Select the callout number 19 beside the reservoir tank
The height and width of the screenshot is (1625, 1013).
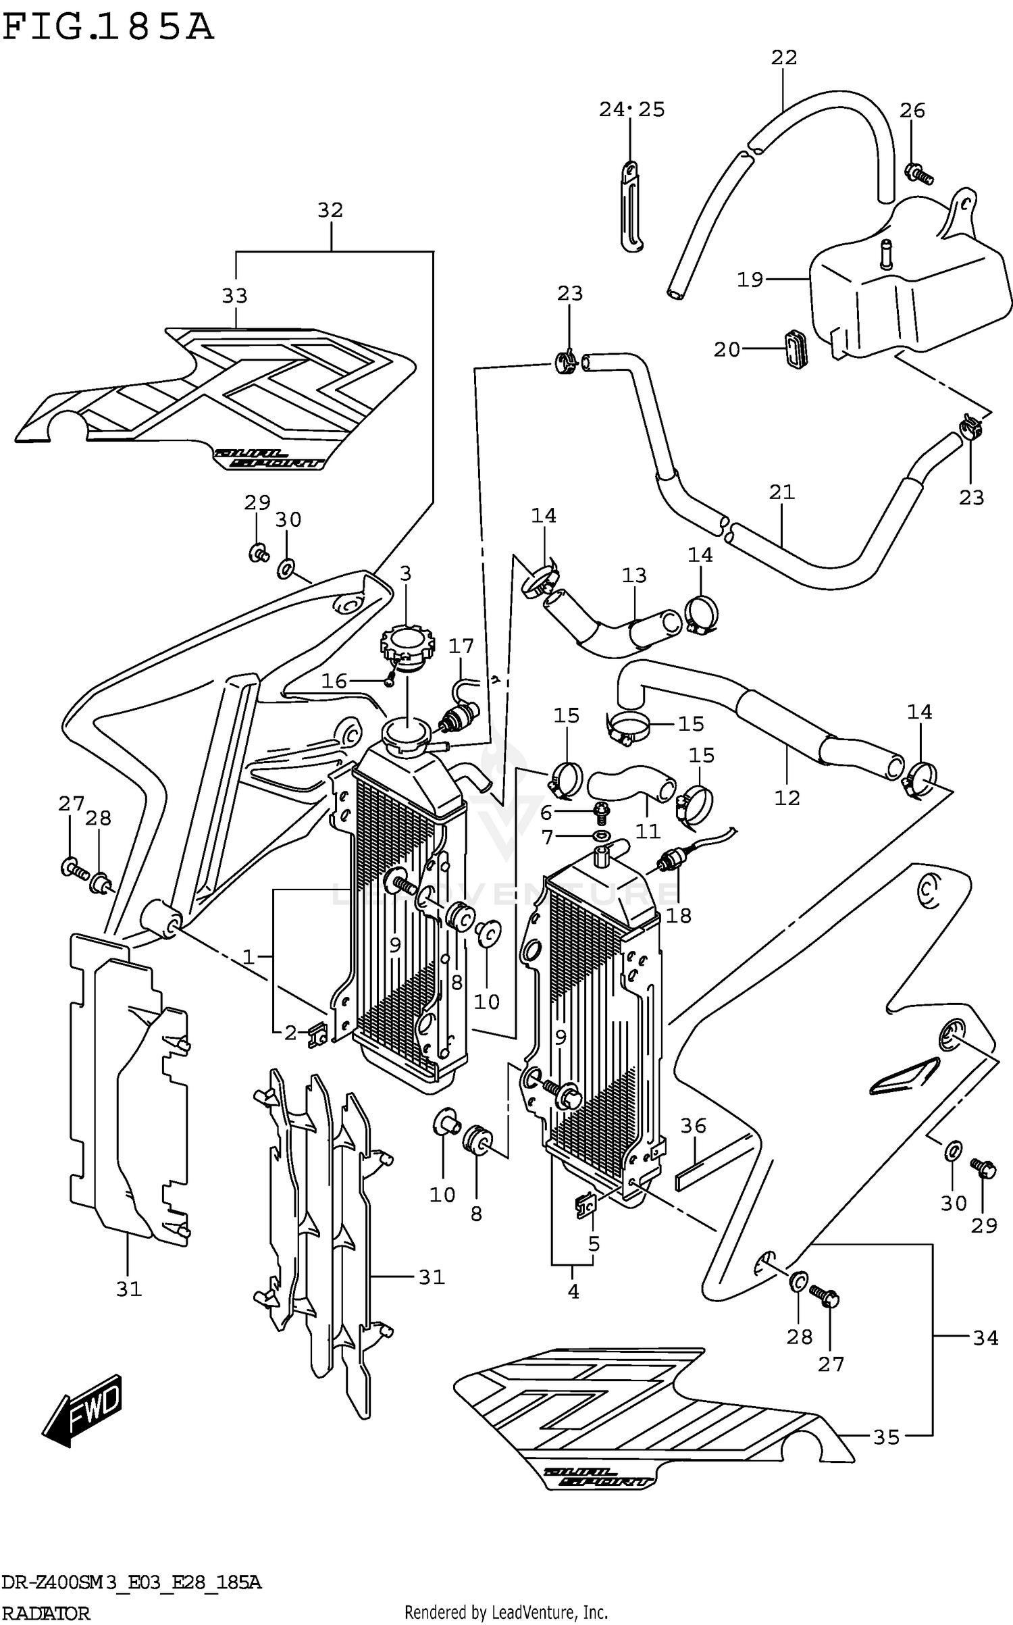[x=750, y=279]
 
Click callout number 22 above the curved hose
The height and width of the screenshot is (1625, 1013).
[x=784, y=58]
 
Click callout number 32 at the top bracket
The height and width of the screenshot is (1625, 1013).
[x=330, y=211]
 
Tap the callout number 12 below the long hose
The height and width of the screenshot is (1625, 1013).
[x=787, y=798]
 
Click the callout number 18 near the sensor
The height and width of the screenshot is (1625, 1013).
[x=678, y=916]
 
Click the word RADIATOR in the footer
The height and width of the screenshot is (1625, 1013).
[x=45, y=1614]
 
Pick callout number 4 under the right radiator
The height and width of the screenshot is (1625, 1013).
[x=573, y=1291]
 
